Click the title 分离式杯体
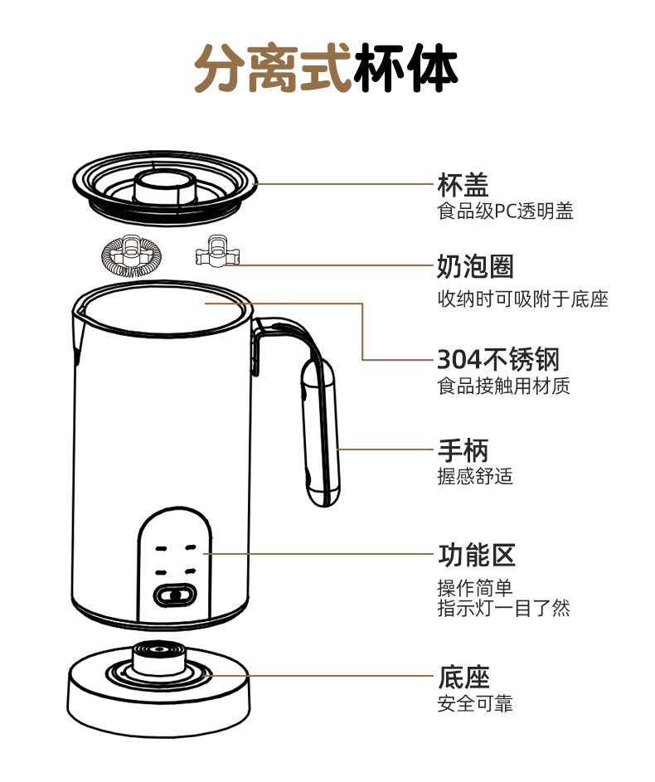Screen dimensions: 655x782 point(326,69)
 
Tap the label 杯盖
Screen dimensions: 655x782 point(463,184)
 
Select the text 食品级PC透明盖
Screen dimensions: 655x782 point(505,211)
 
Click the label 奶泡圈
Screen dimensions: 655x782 point(475,267)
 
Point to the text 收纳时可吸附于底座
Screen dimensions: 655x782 point(522,299)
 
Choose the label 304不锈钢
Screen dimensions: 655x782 point(497,360)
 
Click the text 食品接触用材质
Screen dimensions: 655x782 point(503,386)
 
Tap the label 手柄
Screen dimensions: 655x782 point(463,451)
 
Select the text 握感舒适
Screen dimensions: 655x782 point(475,477)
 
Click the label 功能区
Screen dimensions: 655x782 point(476,554)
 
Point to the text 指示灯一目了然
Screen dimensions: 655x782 point(503,608)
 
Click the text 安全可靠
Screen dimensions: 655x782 point(475,704)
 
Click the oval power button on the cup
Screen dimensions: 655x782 point(175,595)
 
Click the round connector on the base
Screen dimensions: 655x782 point(158,660)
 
